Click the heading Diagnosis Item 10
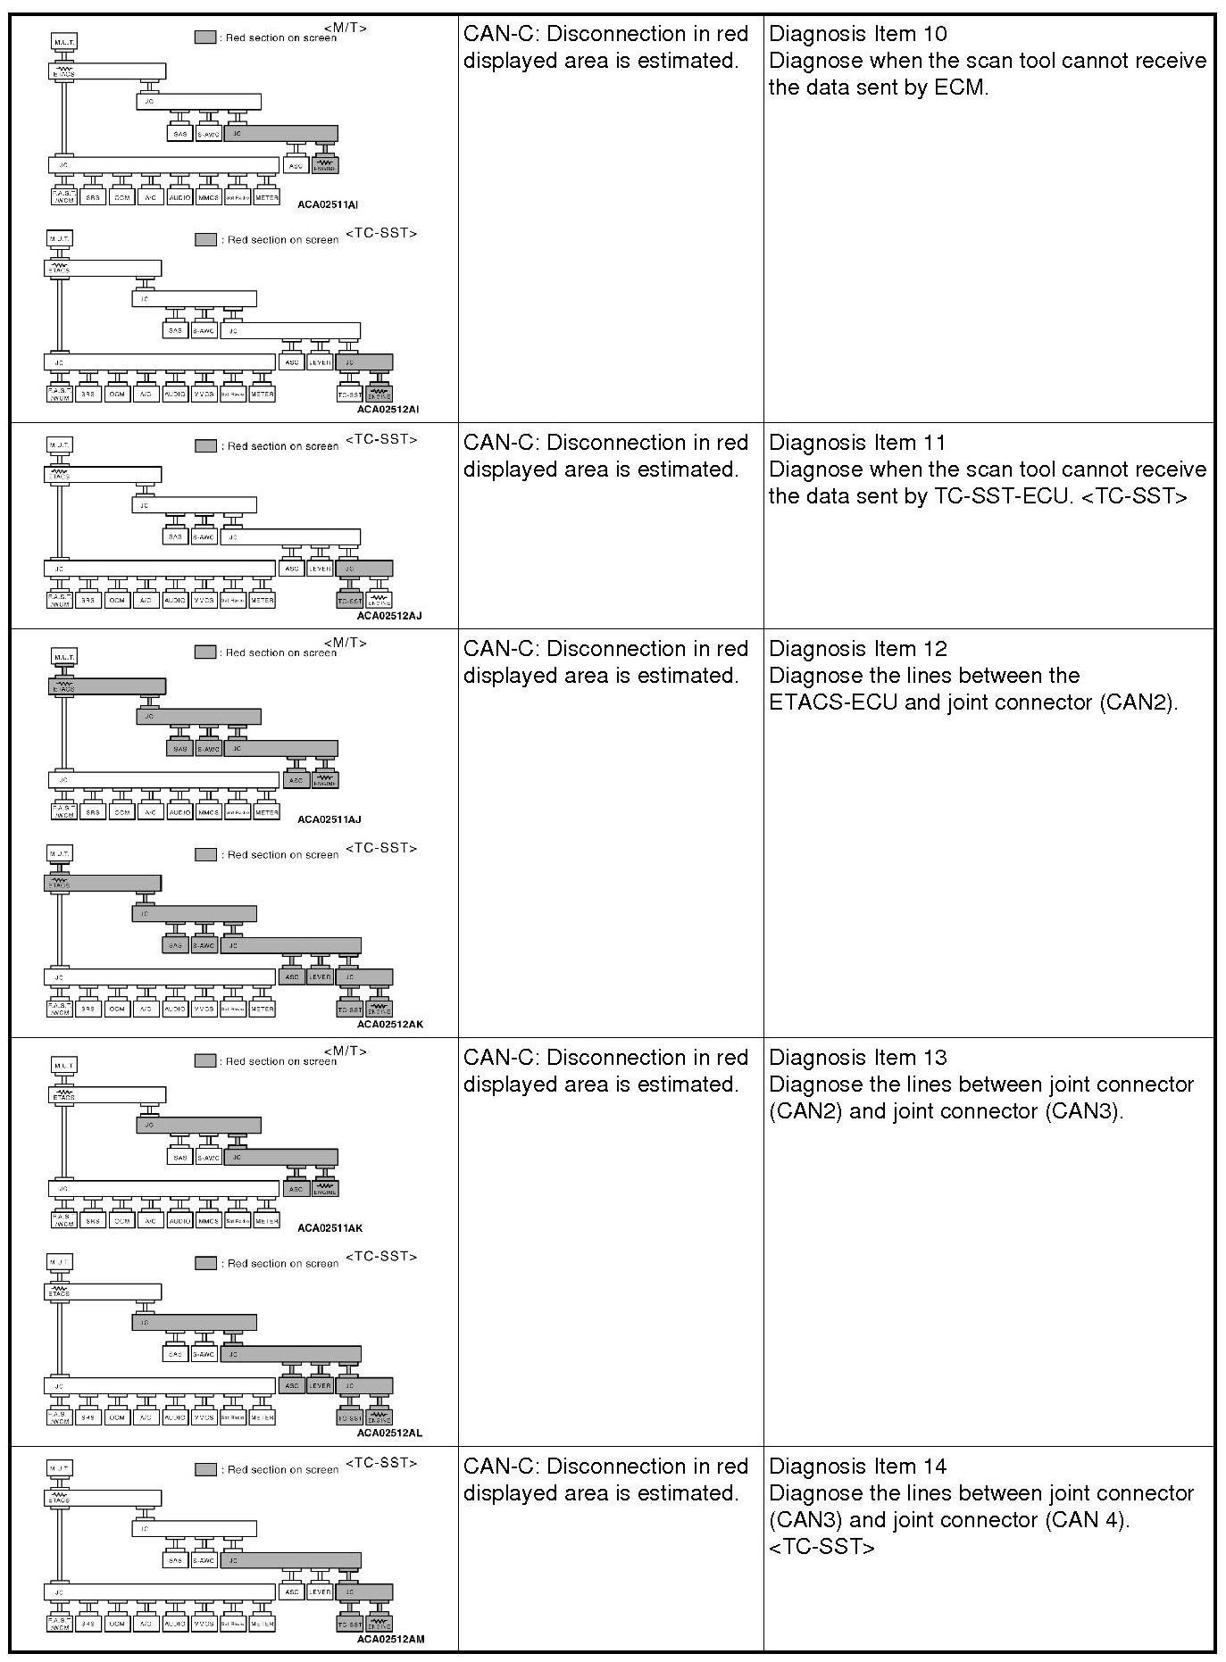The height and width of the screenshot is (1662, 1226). click(x=857, y=34)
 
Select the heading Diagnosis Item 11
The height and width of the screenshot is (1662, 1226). click(x=857, y=443)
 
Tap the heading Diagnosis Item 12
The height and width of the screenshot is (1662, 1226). click(x=857, y=649)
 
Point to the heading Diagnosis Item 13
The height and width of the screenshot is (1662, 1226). click(x=857, y=1058)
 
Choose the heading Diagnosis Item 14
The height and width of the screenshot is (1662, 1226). click(x=857, y=1467)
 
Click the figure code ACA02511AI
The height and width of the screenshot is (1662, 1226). click(x=329, y=205)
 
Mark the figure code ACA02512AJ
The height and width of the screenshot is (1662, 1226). click(x=390, y=615)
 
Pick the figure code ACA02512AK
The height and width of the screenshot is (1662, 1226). click(x=390, y=1024)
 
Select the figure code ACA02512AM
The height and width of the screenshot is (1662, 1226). click(x=390, y=1639)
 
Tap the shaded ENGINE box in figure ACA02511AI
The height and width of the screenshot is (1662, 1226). click(x=325, y=165)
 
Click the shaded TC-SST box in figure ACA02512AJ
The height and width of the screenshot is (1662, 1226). click(x=350, y=600)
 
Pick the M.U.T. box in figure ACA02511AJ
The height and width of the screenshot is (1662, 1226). click(x=63, y=657)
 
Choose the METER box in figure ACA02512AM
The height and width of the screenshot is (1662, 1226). click(x=262, y=1624)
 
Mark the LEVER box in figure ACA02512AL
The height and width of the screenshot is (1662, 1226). click(x=320, y=1386)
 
